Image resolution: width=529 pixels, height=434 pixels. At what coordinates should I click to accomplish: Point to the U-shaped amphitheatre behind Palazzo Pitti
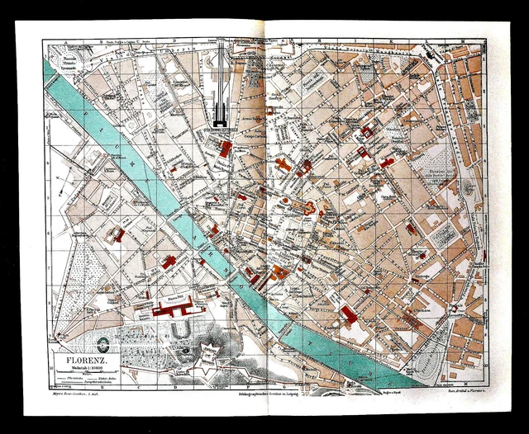coord(181,334)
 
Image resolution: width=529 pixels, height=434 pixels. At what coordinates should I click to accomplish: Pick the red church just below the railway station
coord(225,149)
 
